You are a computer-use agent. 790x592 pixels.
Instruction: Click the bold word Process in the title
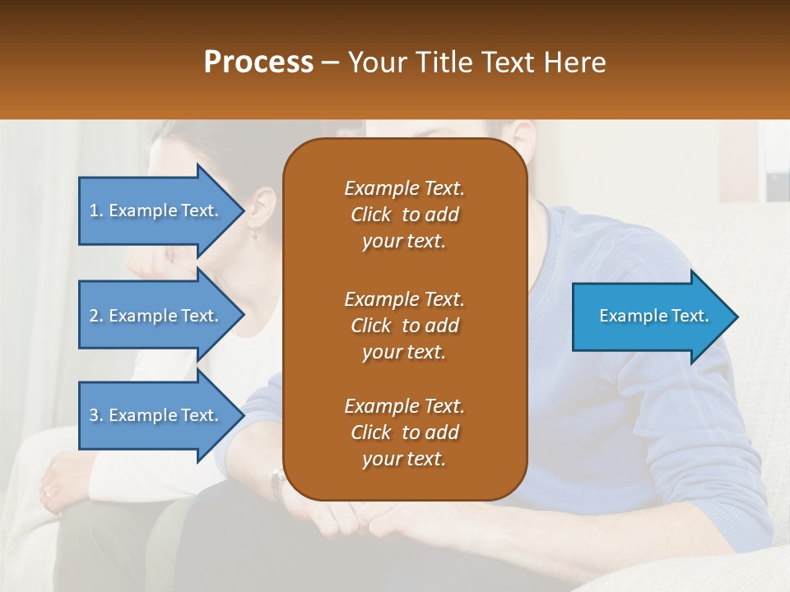click(x=258, y=62)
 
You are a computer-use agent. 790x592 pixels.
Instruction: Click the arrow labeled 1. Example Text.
click(x=156, y=210)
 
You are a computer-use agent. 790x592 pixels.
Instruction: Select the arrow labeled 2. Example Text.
click(x=156, y=316)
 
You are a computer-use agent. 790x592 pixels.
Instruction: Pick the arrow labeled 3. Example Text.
click(x=156, y=415)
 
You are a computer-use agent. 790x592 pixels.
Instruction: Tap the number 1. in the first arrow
click(x=96, y=210)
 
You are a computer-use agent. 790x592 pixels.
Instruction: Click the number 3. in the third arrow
click(x=96, y=415)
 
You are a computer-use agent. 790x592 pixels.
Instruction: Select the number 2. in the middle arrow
click(x=96, y=316)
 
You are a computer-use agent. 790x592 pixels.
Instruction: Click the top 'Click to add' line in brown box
click(x=404, y=215)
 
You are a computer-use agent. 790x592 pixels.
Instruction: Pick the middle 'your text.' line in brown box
click(x=404, y=352)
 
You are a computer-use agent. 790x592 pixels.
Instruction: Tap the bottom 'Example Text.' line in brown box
click(x=404, y=406)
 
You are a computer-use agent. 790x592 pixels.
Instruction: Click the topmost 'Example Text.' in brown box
click(x=404, y=188)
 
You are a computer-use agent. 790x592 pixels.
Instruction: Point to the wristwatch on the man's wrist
click(x=278, y=479)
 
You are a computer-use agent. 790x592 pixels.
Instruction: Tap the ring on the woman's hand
click(x=47, y=492)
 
